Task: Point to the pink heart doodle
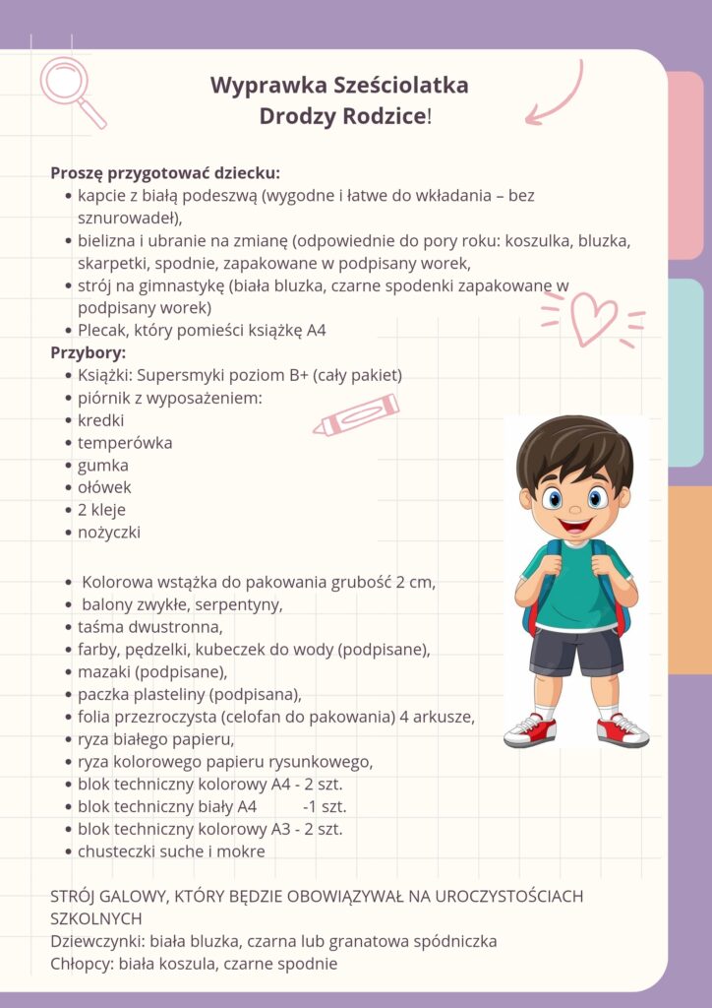pyautogui.click(x=594, y=318)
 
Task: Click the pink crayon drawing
pyautogui.click(x=356, y=414)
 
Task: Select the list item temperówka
pyautogui.click(x=125, y=443)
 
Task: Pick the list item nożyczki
pyautogui.click(x=109, y=533)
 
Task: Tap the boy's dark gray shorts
pyautogui.click(x=576, y=651)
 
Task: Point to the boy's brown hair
pyautogui.click(x=575, y=448)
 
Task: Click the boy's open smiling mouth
pyautogui.click(x=576, y=522)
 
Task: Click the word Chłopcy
pyautogui.click(x=81, y=964)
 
